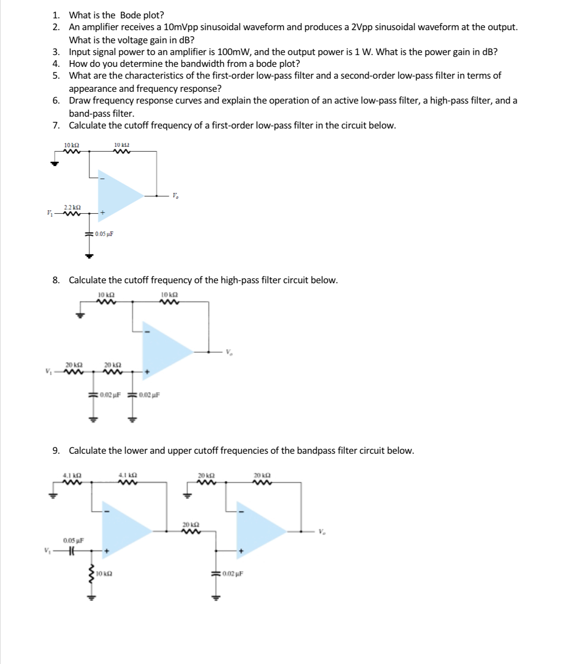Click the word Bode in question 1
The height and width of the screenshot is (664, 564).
click(130, 15)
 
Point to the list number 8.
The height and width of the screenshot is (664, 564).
click(56, 280)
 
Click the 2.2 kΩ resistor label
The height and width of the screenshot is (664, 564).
click(72, 207)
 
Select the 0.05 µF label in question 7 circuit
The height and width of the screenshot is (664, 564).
click(104, 234)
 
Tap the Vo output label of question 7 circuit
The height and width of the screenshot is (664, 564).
click(175, 195)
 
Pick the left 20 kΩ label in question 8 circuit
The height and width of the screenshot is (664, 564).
click(74, 365)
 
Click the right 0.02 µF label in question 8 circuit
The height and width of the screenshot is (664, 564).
click(149, 395)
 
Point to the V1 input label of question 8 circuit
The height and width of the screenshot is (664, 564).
click(49, 372)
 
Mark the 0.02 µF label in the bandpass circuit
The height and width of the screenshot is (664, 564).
click(233, 574)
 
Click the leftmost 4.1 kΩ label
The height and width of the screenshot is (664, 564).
click(72, 475)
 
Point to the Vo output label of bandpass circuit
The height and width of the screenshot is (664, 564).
click(322, 532)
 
